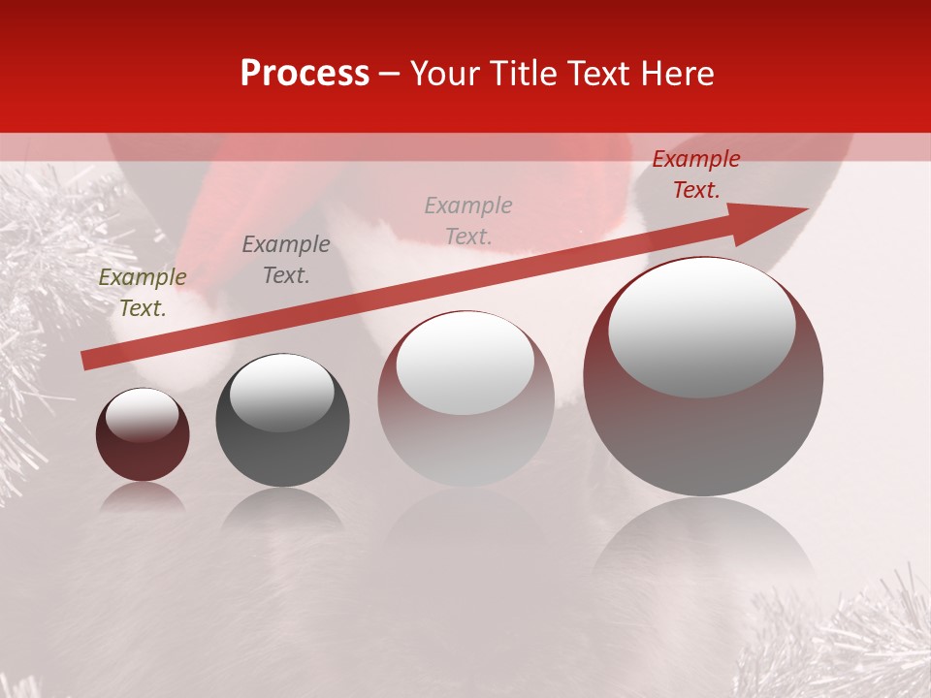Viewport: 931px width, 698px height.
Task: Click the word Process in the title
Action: [x=305, y=74]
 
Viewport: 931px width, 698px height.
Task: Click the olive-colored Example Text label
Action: [x=143, y=293]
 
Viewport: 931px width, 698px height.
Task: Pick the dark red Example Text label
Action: [x=695, y=174]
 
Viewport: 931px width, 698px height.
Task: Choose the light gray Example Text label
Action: [x=468, y=220]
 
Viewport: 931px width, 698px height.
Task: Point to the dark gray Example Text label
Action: [x=286, y=260]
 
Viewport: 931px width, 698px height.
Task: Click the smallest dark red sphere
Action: [x=143, y=446]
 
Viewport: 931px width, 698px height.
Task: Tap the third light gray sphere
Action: [x=465, y=427]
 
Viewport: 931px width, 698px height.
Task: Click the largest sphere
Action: [x=703, y=427]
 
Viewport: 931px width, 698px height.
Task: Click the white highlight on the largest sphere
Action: [x=701, y=325]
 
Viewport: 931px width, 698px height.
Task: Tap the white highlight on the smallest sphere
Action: [x=142, y=415]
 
